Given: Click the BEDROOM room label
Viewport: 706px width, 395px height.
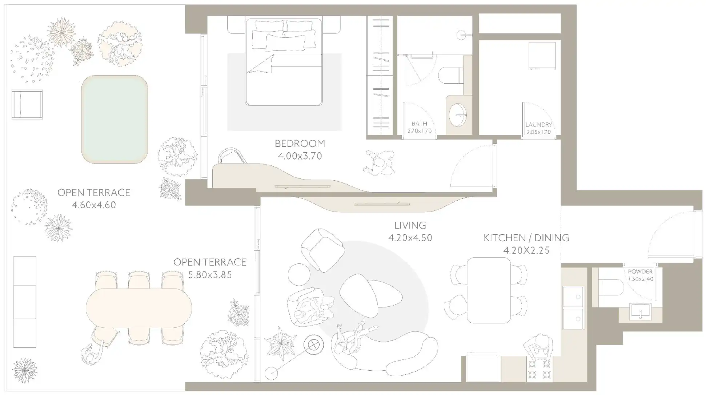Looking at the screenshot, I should (x=300, y=143).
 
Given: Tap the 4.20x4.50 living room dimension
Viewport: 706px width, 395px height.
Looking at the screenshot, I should (x=410, y=238).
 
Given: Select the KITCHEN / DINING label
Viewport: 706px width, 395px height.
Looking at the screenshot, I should (x=526, y=238).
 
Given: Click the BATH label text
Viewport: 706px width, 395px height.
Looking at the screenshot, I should (x=419, y=124).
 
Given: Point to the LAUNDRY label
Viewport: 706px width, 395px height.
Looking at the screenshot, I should (x=538, y=125).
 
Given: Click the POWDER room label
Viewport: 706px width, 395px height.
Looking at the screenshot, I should (x=640, y=271).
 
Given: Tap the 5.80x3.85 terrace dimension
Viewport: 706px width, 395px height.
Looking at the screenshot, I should (x=210, y=275).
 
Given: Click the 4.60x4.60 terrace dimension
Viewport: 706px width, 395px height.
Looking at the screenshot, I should (x=94, y=205).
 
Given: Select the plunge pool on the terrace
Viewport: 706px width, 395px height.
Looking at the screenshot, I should (x=115, y=119).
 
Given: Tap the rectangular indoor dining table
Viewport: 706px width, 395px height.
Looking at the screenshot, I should (x=489, y=290).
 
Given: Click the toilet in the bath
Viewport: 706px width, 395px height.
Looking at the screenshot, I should (x=450, y=76).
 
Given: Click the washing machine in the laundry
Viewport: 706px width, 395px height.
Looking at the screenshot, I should (x=542, y=56).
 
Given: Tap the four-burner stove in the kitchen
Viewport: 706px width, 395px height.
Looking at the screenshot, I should (x=539, y=369).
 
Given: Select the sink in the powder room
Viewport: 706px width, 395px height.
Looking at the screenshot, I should (x=640, y=312).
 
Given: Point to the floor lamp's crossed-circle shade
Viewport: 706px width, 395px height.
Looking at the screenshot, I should (x=313, y=345).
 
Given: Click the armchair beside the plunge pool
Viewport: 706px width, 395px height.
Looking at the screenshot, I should (x=27, y=104).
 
